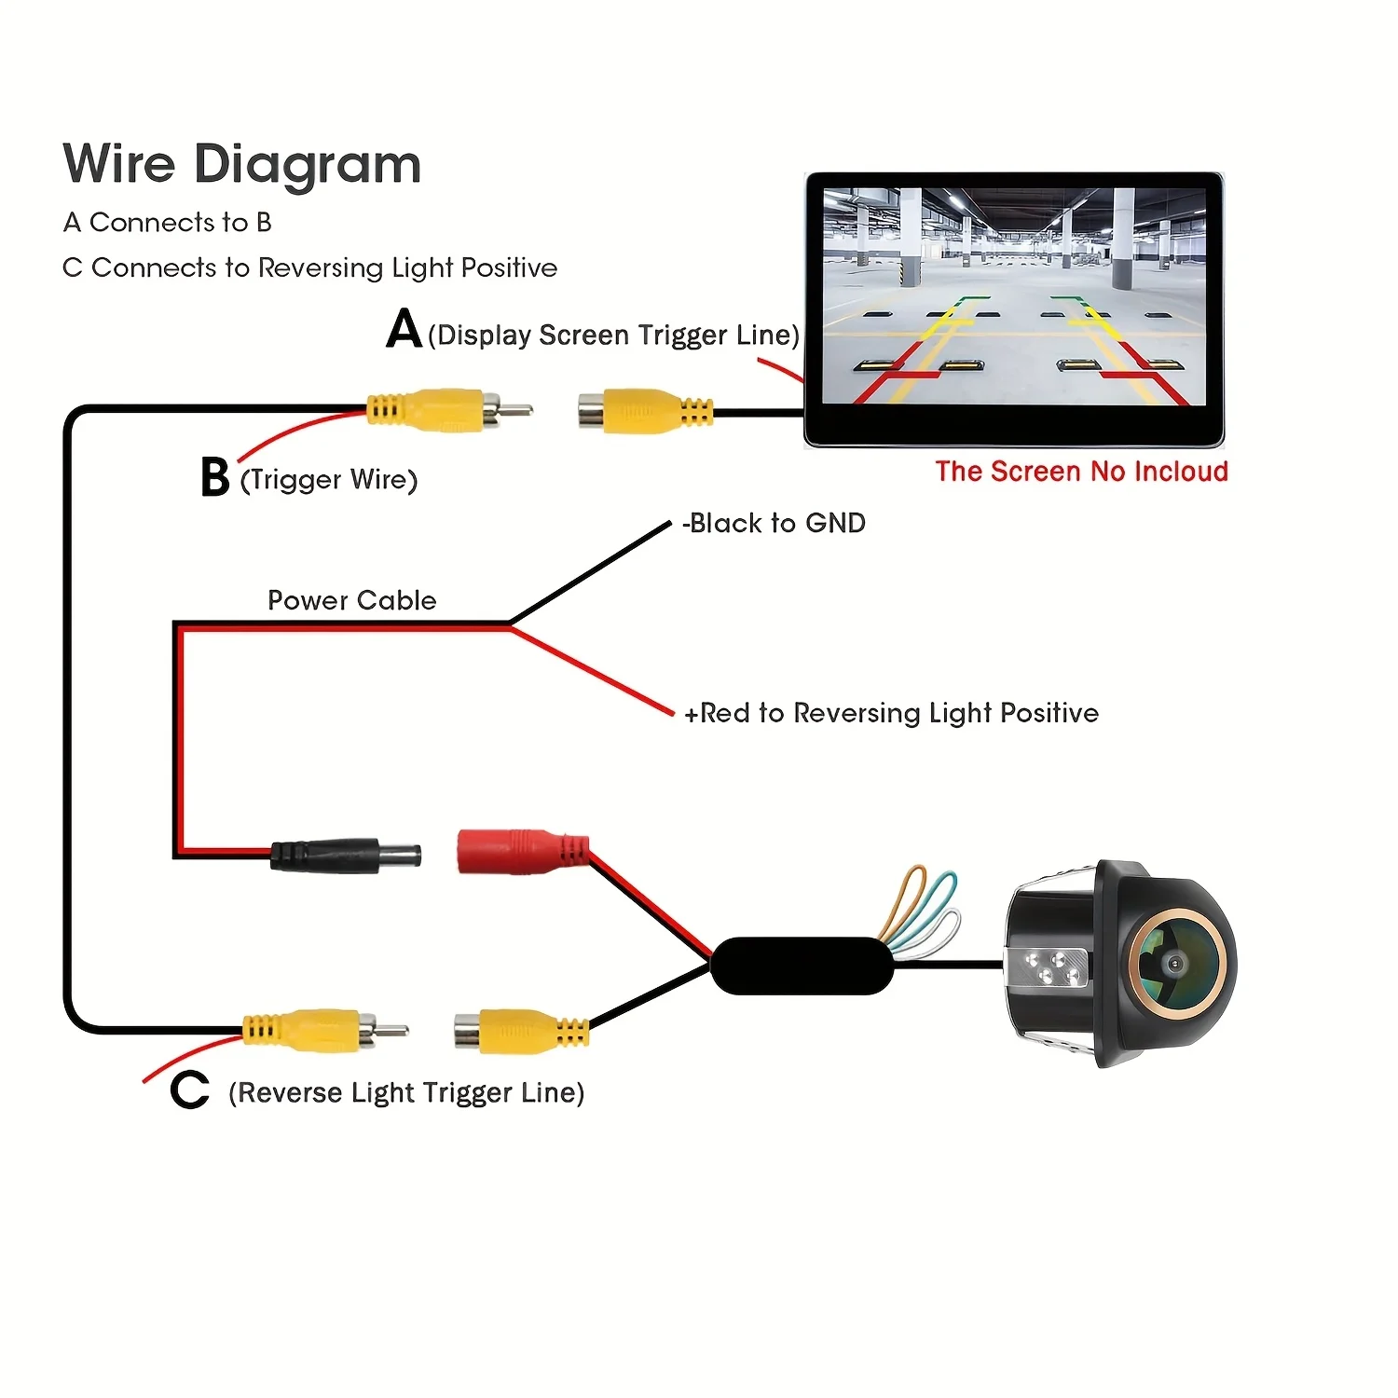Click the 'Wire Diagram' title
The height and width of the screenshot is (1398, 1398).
tap(242, 166)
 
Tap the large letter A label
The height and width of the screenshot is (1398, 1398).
tap(404, 328)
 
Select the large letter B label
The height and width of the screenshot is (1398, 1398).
tap(215, 476)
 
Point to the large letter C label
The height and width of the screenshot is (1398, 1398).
tap(189, 1090)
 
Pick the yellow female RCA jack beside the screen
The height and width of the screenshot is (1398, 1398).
tap(646, 411)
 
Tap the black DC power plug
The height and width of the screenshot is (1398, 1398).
tap(346, 855)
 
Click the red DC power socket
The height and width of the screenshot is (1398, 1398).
tap(523, 852)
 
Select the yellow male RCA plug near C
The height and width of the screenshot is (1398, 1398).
tap(325, 1030)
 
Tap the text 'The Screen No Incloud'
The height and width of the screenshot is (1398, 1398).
tap(1082, 472)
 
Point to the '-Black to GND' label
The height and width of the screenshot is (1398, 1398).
tap(774, 523)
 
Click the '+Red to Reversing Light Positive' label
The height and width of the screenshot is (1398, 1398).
tap(891, 713)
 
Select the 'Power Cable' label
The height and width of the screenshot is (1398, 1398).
tap(352, 600)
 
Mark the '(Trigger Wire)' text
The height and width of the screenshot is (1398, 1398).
tap(329, 480)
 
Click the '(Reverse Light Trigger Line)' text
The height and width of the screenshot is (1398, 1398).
tap(406, 1092)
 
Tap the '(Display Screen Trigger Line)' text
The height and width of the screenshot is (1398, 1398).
tap(613, 335)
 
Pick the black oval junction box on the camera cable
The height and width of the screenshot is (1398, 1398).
tap(802, 966)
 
